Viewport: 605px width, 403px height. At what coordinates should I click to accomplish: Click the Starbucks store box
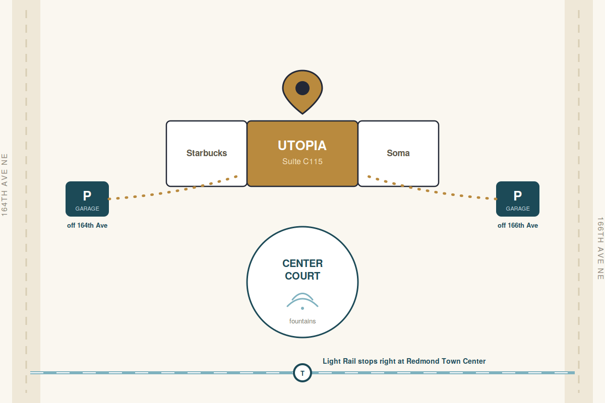coord(206,153)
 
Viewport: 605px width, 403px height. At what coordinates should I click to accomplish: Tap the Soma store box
coord(398,153)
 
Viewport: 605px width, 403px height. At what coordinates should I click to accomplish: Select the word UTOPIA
coord(302,146)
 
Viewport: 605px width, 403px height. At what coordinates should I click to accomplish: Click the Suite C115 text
coord(302,161)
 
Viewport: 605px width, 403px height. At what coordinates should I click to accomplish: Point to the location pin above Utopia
coord(302,92)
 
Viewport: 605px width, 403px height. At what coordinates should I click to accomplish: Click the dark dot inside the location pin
coord(302,88)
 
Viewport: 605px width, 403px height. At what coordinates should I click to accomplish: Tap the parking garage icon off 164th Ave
coord(87,199)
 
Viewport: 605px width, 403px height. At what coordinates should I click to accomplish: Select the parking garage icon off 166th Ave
coord(517,199)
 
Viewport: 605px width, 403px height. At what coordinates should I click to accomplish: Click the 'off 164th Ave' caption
coord(87,225)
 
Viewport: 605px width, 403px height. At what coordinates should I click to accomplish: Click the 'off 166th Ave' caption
coord(517,225)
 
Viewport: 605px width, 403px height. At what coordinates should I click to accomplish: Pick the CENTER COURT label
coord(302,270)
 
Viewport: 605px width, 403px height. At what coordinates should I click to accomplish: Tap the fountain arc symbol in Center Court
coord(302,300)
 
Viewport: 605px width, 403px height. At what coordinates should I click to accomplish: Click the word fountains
coord(302,321)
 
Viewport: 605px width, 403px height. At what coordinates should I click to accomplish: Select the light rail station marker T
coord(302,373)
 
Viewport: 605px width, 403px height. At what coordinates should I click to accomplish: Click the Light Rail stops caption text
coord(404,361)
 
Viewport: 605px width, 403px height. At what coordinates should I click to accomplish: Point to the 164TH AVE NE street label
coord(5,185)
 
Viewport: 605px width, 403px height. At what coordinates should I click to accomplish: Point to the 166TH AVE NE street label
coord(600,248)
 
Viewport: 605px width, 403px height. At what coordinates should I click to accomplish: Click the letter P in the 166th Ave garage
coord(517,195)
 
